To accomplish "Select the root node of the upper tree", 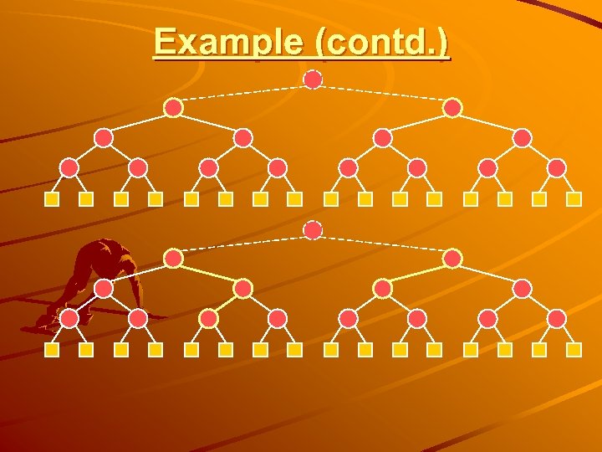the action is pyautogui.click(x=313, y=80).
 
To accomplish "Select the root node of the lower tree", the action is pyautogui.click(x=313, y=229).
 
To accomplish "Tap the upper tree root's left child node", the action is pyautogui.click(x=173, y=108).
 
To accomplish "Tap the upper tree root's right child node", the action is pyautogui.click(x=452, y=108).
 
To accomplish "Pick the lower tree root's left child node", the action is pyautogui.click(x=173, y=259).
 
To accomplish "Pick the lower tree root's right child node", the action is pyautogui.click(x=452, y=259).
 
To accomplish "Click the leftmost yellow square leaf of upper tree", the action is pyautogui.click(x=52, y=200).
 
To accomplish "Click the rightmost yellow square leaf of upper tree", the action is pyautogui.click(x=574, y=200).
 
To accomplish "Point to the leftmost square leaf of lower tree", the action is pyautogui.click(x=52, y=350).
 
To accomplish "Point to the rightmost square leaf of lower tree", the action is pyautogui.click(x=574, y=350).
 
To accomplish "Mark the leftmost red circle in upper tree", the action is pyautogui.click(x=70, y=168).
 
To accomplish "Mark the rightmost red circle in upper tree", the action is pyautogui.click(x=556, y=168).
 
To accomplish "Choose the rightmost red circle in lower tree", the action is pyautogui.click(x=556, y=318).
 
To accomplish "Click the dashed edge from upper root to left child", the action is pyautogui.click(x=242, y=93).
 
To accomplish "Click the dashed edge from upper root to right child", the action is pyautogui.click(x=383, y=93).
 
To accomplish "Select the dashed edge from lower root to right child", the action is pyautogui.click(x=383, y=244).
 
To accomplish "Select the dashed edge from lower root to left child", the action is pyautogui.click(x=242, y=244).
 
